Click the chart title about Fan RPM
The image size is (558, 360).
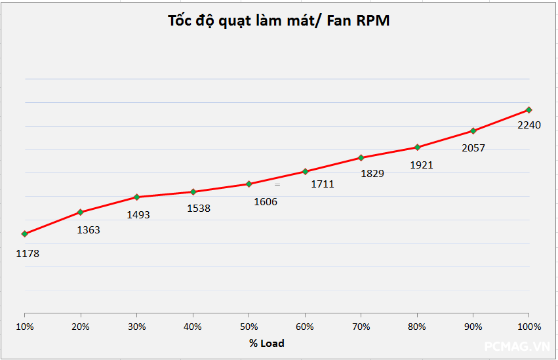pos(279,20)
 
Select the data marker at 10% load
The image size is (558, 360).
pos(25,233)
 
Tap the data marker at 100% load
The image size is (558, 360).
pos(528,110)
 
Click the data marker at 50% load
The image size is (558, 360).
pos(249,184)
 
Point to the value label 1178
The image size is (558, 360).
pos(28,253)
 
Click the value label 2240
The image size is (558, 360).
pos(529,125)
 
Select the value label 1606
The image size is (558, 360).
pos(266,202)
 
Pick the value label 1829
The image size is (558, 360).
pos(372,174)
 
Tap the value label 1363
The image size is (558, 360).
pos(89,230)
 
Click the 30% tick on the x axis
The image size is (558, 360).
pos(136,327)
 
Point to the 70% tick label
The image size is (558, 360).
pos(361,327)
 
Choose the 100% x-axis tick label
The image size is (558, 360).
pos(528,327)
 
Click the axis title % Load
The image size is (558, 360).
pos(267,343)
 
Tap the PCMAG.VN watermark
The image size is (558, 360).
pos(517,346)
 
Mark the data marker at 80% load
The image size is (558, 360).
pos(417,147)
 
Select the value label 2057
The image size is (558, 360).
pos(473,148)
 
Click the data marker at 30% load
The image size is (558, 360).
pos(136,197)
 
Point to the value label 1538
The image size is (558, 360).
pos(199,209)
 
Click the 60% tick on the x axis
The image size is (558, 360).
pos(305,327)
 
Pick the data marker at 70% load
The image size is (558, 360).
pos(361,157)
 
